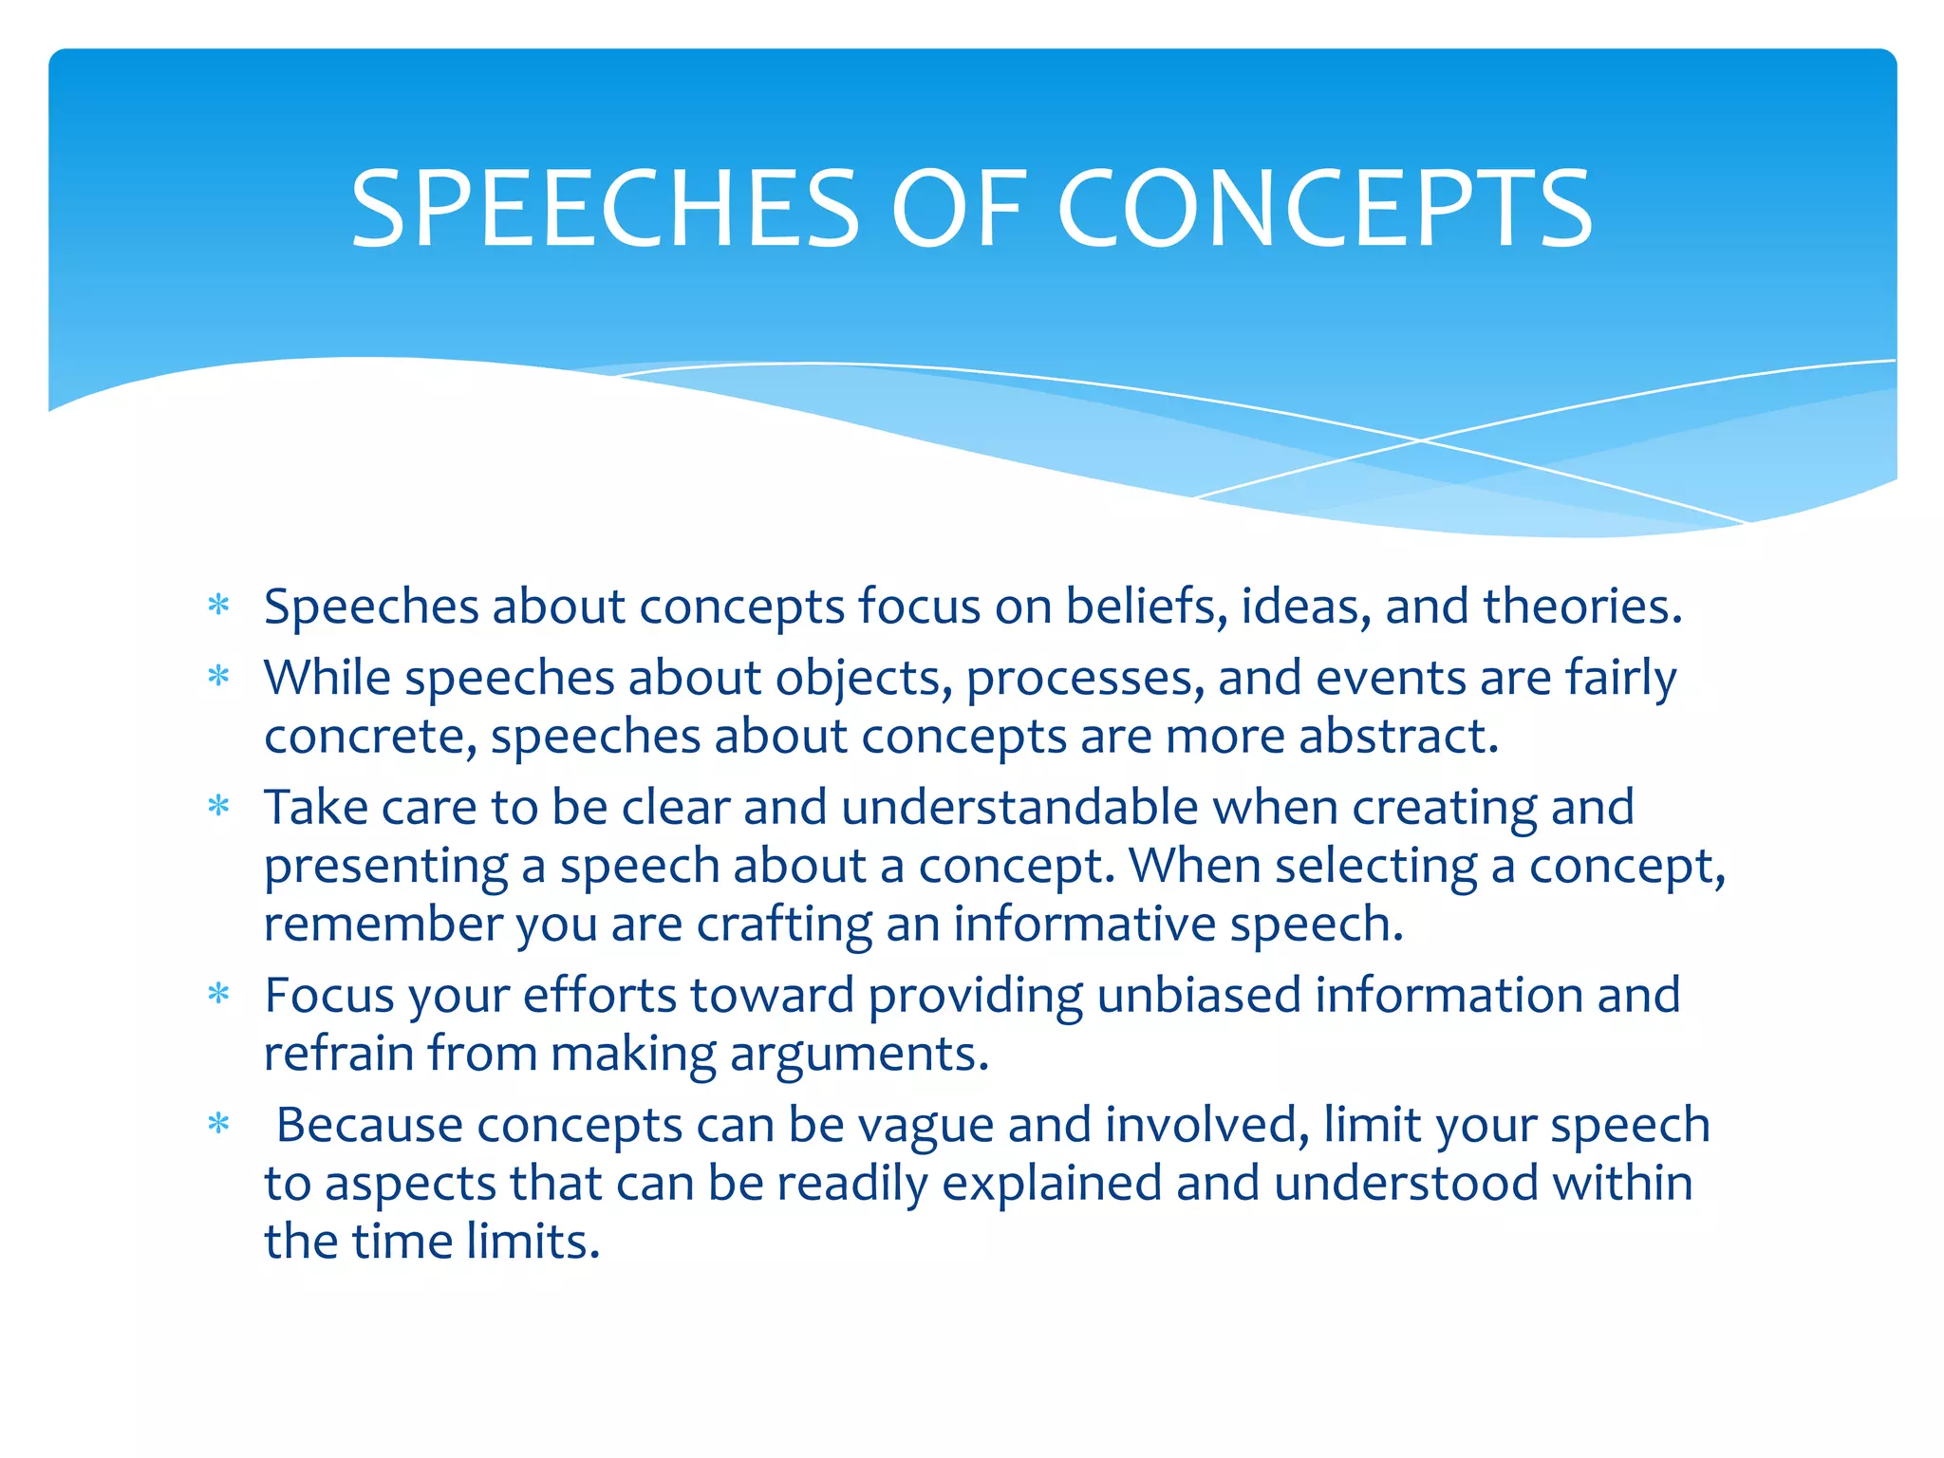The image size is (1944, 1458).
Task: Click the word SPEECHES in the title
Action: click(605, 209)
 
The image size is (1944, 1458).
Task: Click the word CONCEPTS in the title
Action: click(1325, 209)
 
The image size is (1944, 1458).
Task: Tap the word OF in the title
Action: click(959, 209)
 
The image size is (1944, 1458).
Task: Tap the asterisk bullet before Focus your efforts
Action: click(219, 994)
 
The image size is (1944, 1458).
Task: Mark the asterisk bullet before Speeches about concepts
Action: click(219, 605)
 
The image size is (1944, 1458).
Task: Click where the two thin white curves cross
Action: click(1421, 440)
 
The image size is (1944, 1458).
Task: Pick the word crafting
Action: click(784, 924)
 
